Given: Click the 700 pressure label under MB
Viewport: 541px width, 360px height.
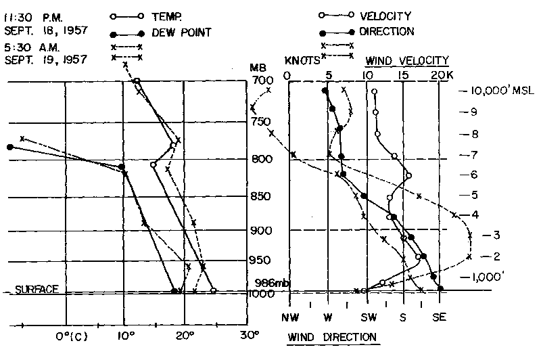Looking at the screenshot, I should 260,81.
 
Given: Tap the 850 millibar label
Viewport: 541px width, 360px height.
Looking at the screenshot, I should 261,197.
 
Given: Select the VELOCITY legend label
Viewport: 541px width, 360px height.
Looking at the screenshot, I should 386,15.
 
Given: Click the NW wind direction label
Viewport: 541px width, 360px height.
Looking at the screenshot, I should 290,317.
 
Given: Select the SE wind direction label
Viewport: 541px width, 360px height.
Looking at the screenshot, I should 439,317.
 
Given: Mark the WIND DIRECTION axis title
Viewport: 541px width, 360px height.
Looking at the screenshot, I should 331,336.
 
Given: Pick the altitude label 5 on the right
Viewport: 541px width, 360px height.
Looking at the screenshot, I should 474,196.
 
